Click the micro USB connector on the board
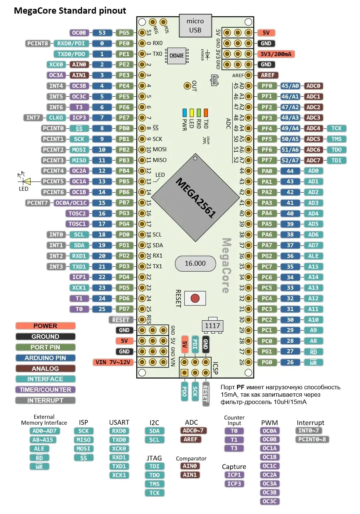[195, 25]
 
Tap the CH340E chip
[176, 55]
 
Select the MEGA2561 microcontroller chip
[195, 197]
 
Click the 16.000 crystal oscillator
[195, 263]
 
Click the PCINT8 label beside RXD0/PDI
[37, 44]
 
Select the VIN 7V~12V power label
[113, 362]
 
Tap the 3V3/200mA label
[276, 54]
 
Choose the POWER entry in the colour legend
[45, 326]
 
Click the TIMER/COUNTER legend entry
[45, 390]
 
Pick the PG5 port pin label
[124, 32]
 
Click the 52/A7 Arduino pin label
[290, 160]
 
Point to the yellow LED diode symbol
[27, 182]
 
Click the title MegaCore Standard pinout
[70, 11]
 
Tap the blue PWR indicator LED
[184, 113]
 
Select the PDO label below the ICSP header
[184, 391]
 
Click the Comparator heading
[191, 458]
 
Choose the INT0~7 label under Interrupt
[309, 431]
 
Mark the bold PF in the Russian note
[240, 387]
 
